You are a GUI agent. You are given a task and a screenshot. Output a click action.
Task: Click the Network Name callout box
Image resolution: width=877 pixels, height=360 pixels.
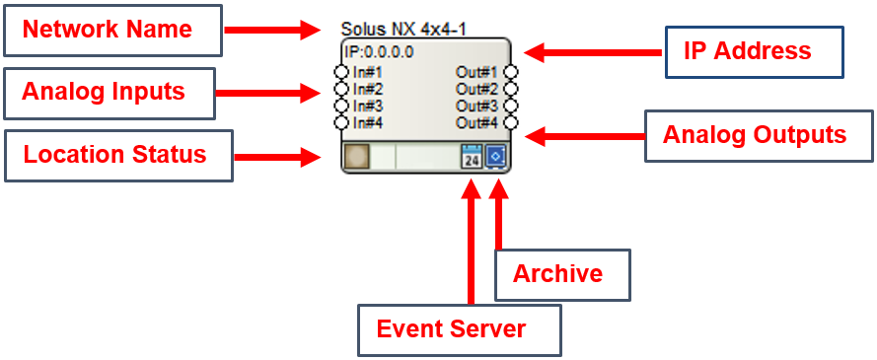point(112,31)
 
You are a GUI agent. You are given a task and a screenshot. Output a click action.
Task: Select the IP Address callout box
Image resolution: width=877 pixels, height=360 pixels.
point(754,51)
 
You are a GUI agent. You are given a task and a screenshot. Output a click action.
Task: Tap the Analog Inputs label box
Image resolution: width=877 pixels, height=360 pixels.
point(110,94)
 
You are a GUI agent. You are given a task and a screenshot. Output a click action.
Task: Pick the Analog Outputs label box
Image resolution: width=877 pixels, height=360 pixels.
point(759,136)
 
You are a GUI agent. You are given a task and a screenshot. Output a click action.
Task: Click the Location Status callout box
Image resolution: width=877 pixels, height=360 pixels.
point(118,156)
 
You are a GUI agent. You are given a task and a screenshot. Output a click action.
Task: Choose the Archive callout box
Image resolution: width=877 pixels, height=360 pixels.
point(562,274)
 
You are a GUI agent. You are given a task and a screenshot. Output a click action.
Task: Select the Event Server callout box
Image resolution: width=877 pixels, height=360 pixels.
point(459,329)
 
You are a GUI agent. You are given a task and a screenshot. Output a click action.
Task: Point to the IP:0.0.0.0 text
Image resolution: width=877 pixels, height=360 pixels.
point(379,52)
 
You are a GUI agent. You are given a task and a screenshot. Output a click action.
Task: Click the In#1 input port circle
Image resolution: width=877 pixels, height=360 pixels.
point(341,72)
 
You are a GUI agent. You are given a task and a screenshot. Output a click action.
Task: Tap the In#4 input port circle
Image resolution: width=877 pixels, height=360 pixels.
point(341,122)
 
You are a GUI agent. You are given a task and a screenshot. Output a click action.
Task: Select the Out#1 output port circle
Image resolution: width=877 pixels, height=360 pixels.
point(511,72)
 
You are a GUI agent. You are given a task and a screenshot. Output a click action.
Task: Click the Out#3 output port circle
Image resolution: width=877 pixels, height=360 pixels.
point(511,106)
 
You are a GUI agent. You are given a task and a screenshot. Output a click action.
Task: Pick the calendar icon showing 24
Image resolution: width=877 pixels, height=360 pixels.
point(473,157)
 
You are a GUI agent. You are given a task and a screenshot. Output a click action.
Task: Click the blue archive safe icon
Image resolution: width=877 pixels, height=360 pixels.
point(495,157)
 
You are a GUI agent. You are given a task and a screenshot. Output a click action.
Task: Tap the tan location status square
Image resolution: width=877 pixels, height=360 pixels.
point(356,157)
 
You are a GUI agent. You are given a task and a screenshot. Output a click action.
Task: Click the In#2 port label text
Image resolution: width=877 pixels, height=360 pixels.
point(368,89)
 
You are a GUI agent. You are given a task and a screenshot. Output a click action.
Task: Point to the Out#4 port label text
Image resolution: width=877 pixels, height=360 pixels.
point(476,123)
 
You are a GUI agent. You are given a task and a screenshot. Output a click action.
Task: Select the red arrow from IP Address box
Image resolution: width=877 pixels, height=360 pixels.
point(593,52)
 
